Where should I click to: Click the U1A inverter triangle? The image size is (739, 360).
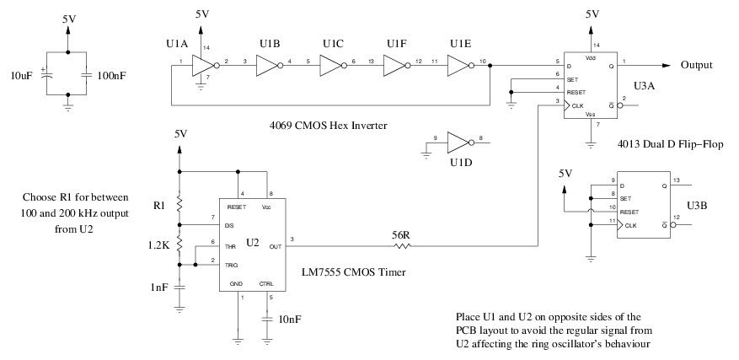tap(201, 65)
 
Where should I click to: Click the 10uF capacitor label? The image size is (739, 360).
tap(23, 77)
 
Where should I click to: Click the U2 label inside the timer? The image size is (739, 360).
tap(254, 244)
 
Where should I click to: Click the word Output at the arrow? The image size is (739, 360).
tap(698, 65)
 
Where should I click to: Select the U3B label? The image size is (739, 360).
tap(698, 206)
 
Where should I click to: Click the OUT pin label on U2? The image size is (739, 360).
tap(275, 247)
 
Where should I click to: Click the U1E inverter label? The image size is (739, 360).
tap(460, 43)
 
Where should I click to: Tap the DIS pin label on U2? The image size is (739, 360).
tap(228, 226)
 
